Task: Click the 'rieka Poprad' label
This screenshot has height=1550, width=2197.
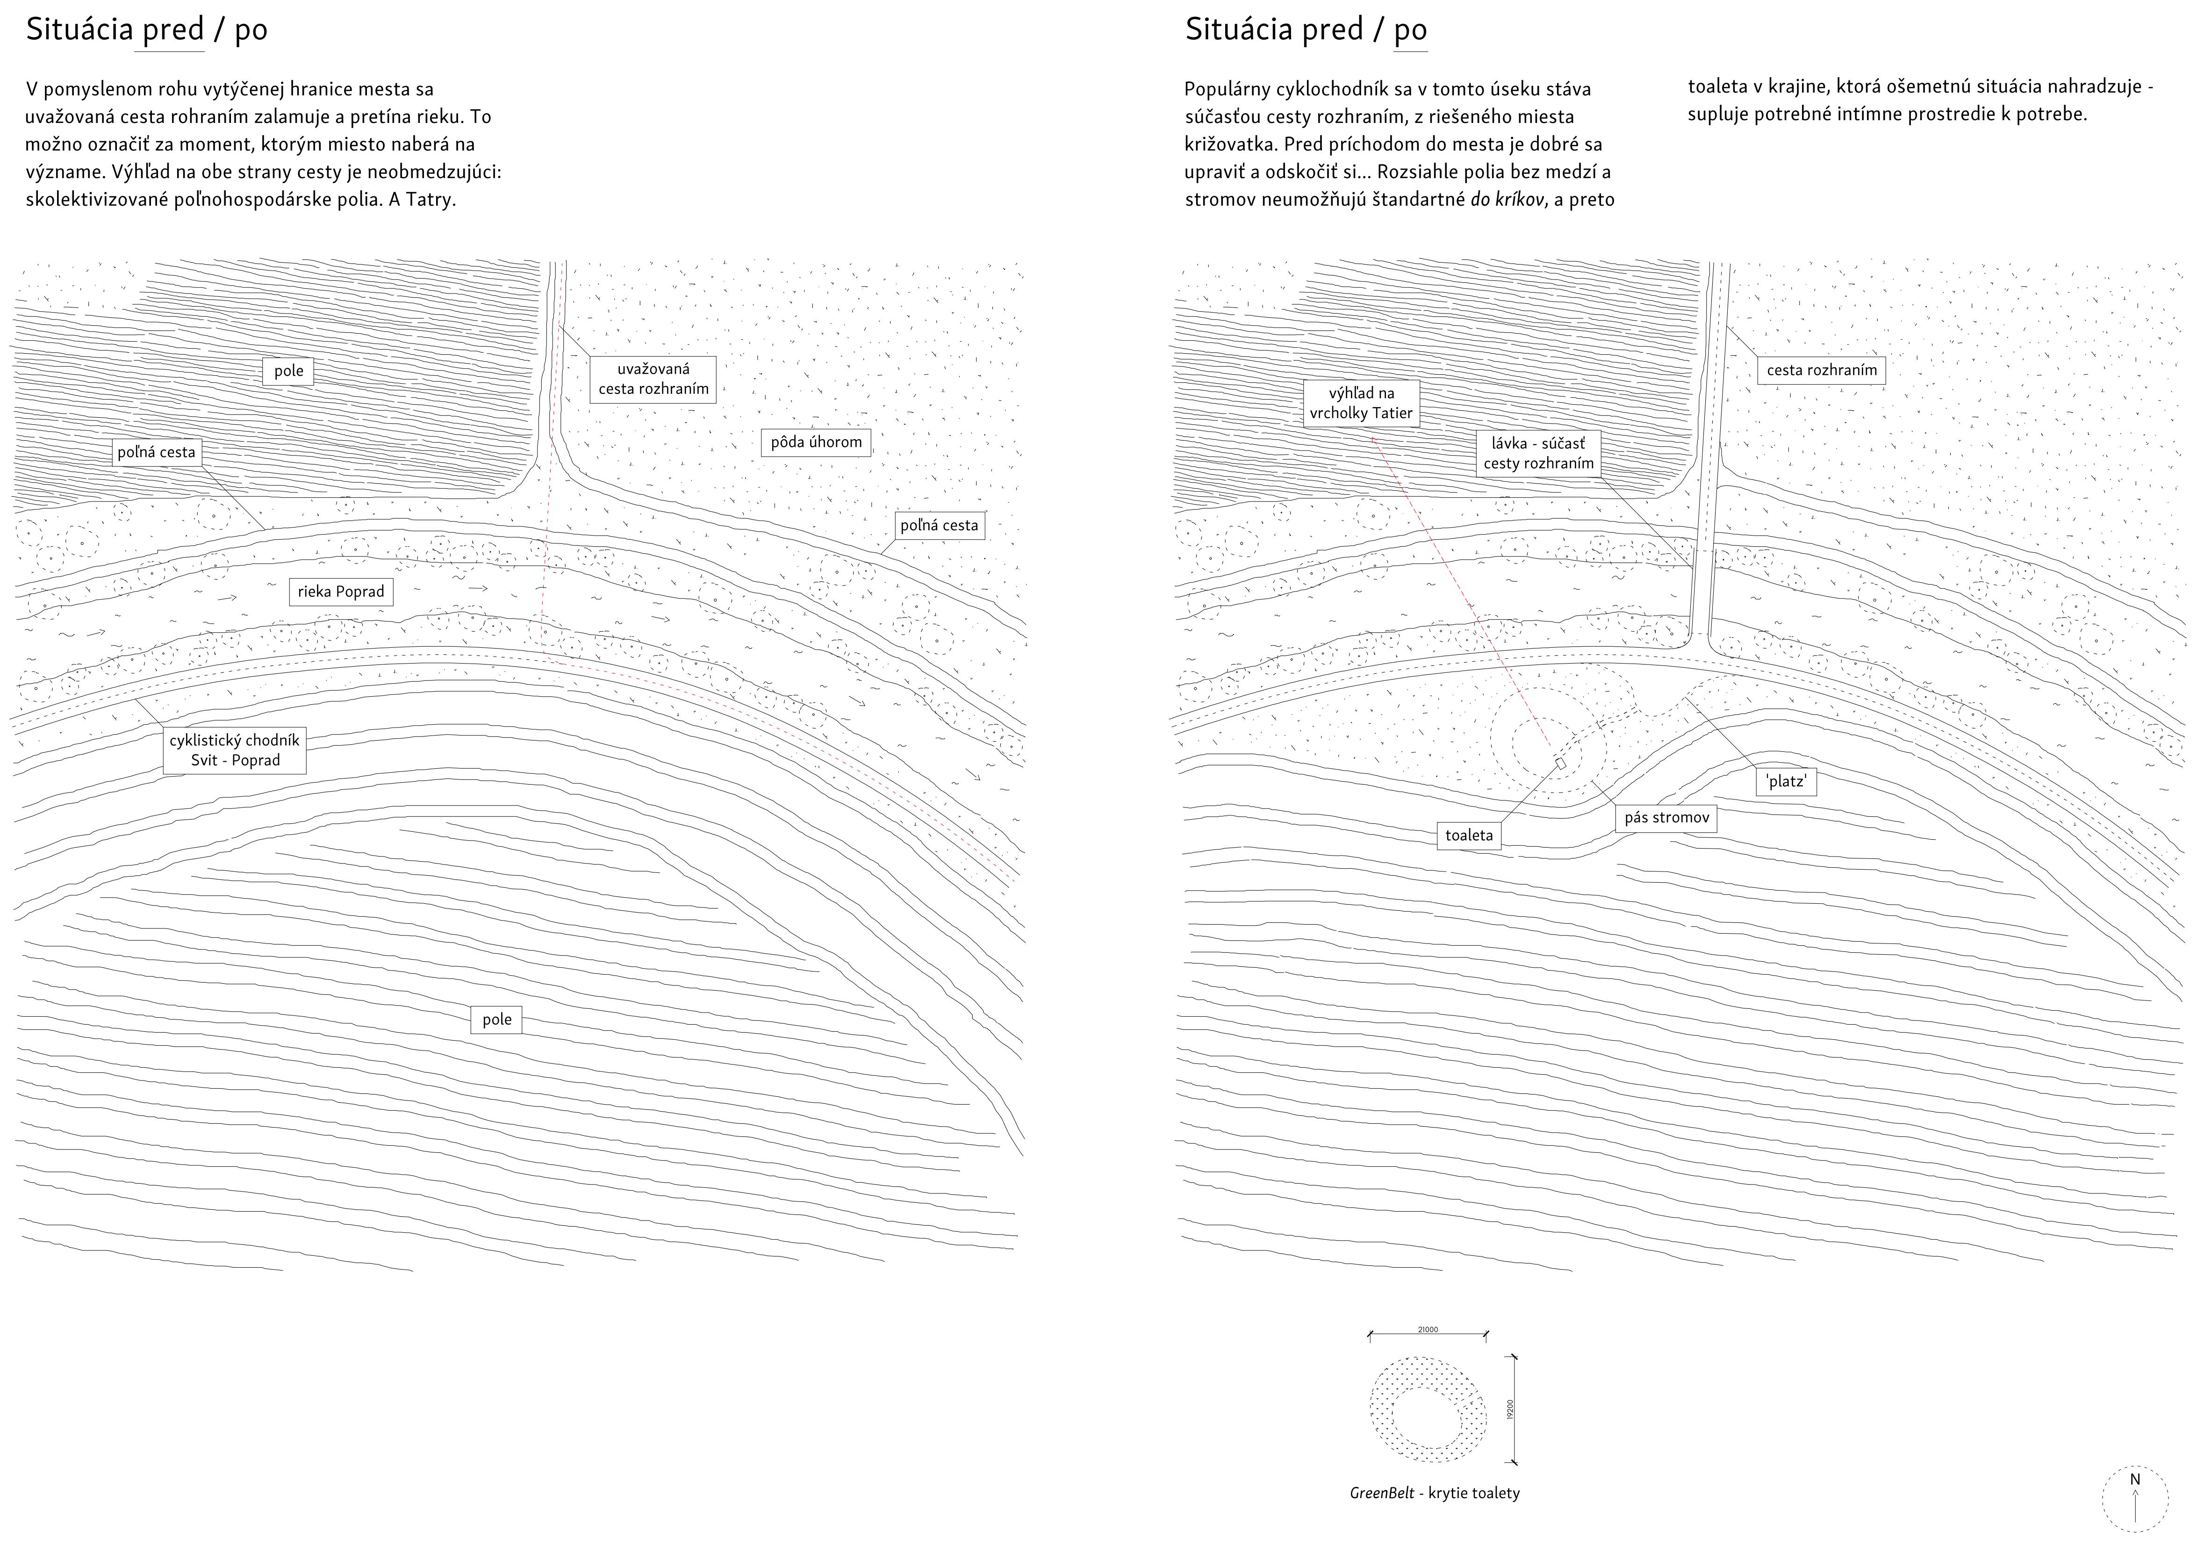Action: tap(341, 591)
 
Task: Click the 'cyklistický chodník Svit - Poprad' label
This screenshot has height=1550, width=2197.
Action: tap(235, 750)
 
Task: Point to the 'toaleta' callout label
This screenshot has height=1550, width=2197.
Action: tap(1469, 835)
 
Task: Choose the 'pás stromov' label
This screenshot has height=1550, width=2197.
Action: tap(1666, 818)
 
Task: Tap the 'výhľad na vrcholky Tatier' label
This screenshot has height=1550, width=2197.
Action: tap(1361, 403)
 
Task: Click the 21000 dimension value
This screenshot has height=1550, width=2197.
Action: tap(1428, 1329)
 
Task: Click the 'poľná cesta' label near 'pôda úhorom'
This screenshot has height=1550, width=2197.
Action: tap(939, 525)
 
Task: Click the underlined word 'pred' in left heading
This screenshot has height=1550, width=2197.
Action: tap(173, 31)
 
